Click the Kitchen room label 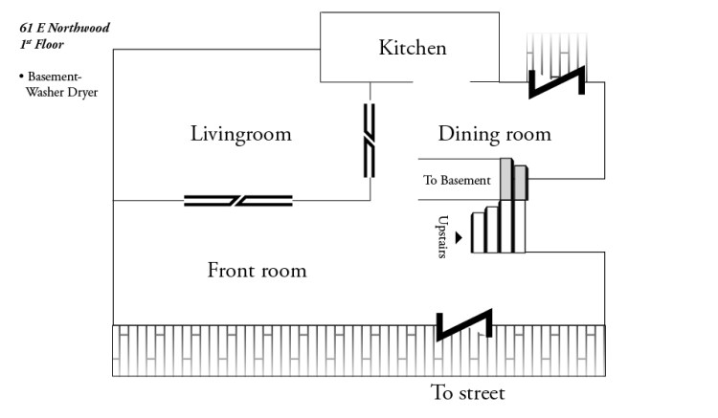point(412,48)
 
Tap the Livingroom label point(240,134)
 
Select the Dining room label point(494,134)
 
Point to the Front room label point(257,271)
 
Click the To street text point(467,393)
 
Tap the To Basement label point(457,180)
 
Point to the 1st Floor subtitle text point(44,44)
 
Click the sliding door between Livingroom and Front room point(238,200)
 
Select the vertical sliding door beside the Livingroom point(370,142)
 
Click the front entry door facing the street point(464,324)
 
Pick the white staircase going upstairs point(505,230)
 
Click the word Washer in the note point(47,93)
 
